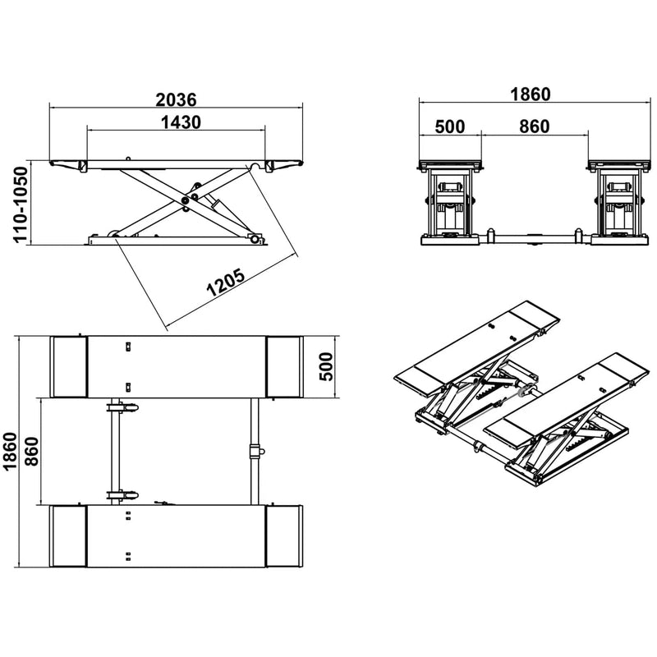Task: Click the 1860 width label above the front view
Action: point(529,94)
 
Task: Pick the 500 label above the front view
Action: point(449,126)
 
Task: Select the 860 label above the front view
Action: point(534,126)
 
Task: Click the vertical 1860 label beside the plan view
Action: point(11,451)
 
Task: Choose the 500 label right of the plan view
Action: point(325,366)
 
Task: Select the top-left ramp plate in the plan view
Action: point(69,366)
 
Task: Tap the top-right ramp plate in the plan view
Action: point(284,366)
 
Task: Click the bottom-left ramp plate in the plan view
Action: point(69,536)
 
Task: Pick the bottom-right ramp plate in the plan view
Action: point(284,536)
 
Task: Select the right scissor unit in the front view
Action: point(617,205)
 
